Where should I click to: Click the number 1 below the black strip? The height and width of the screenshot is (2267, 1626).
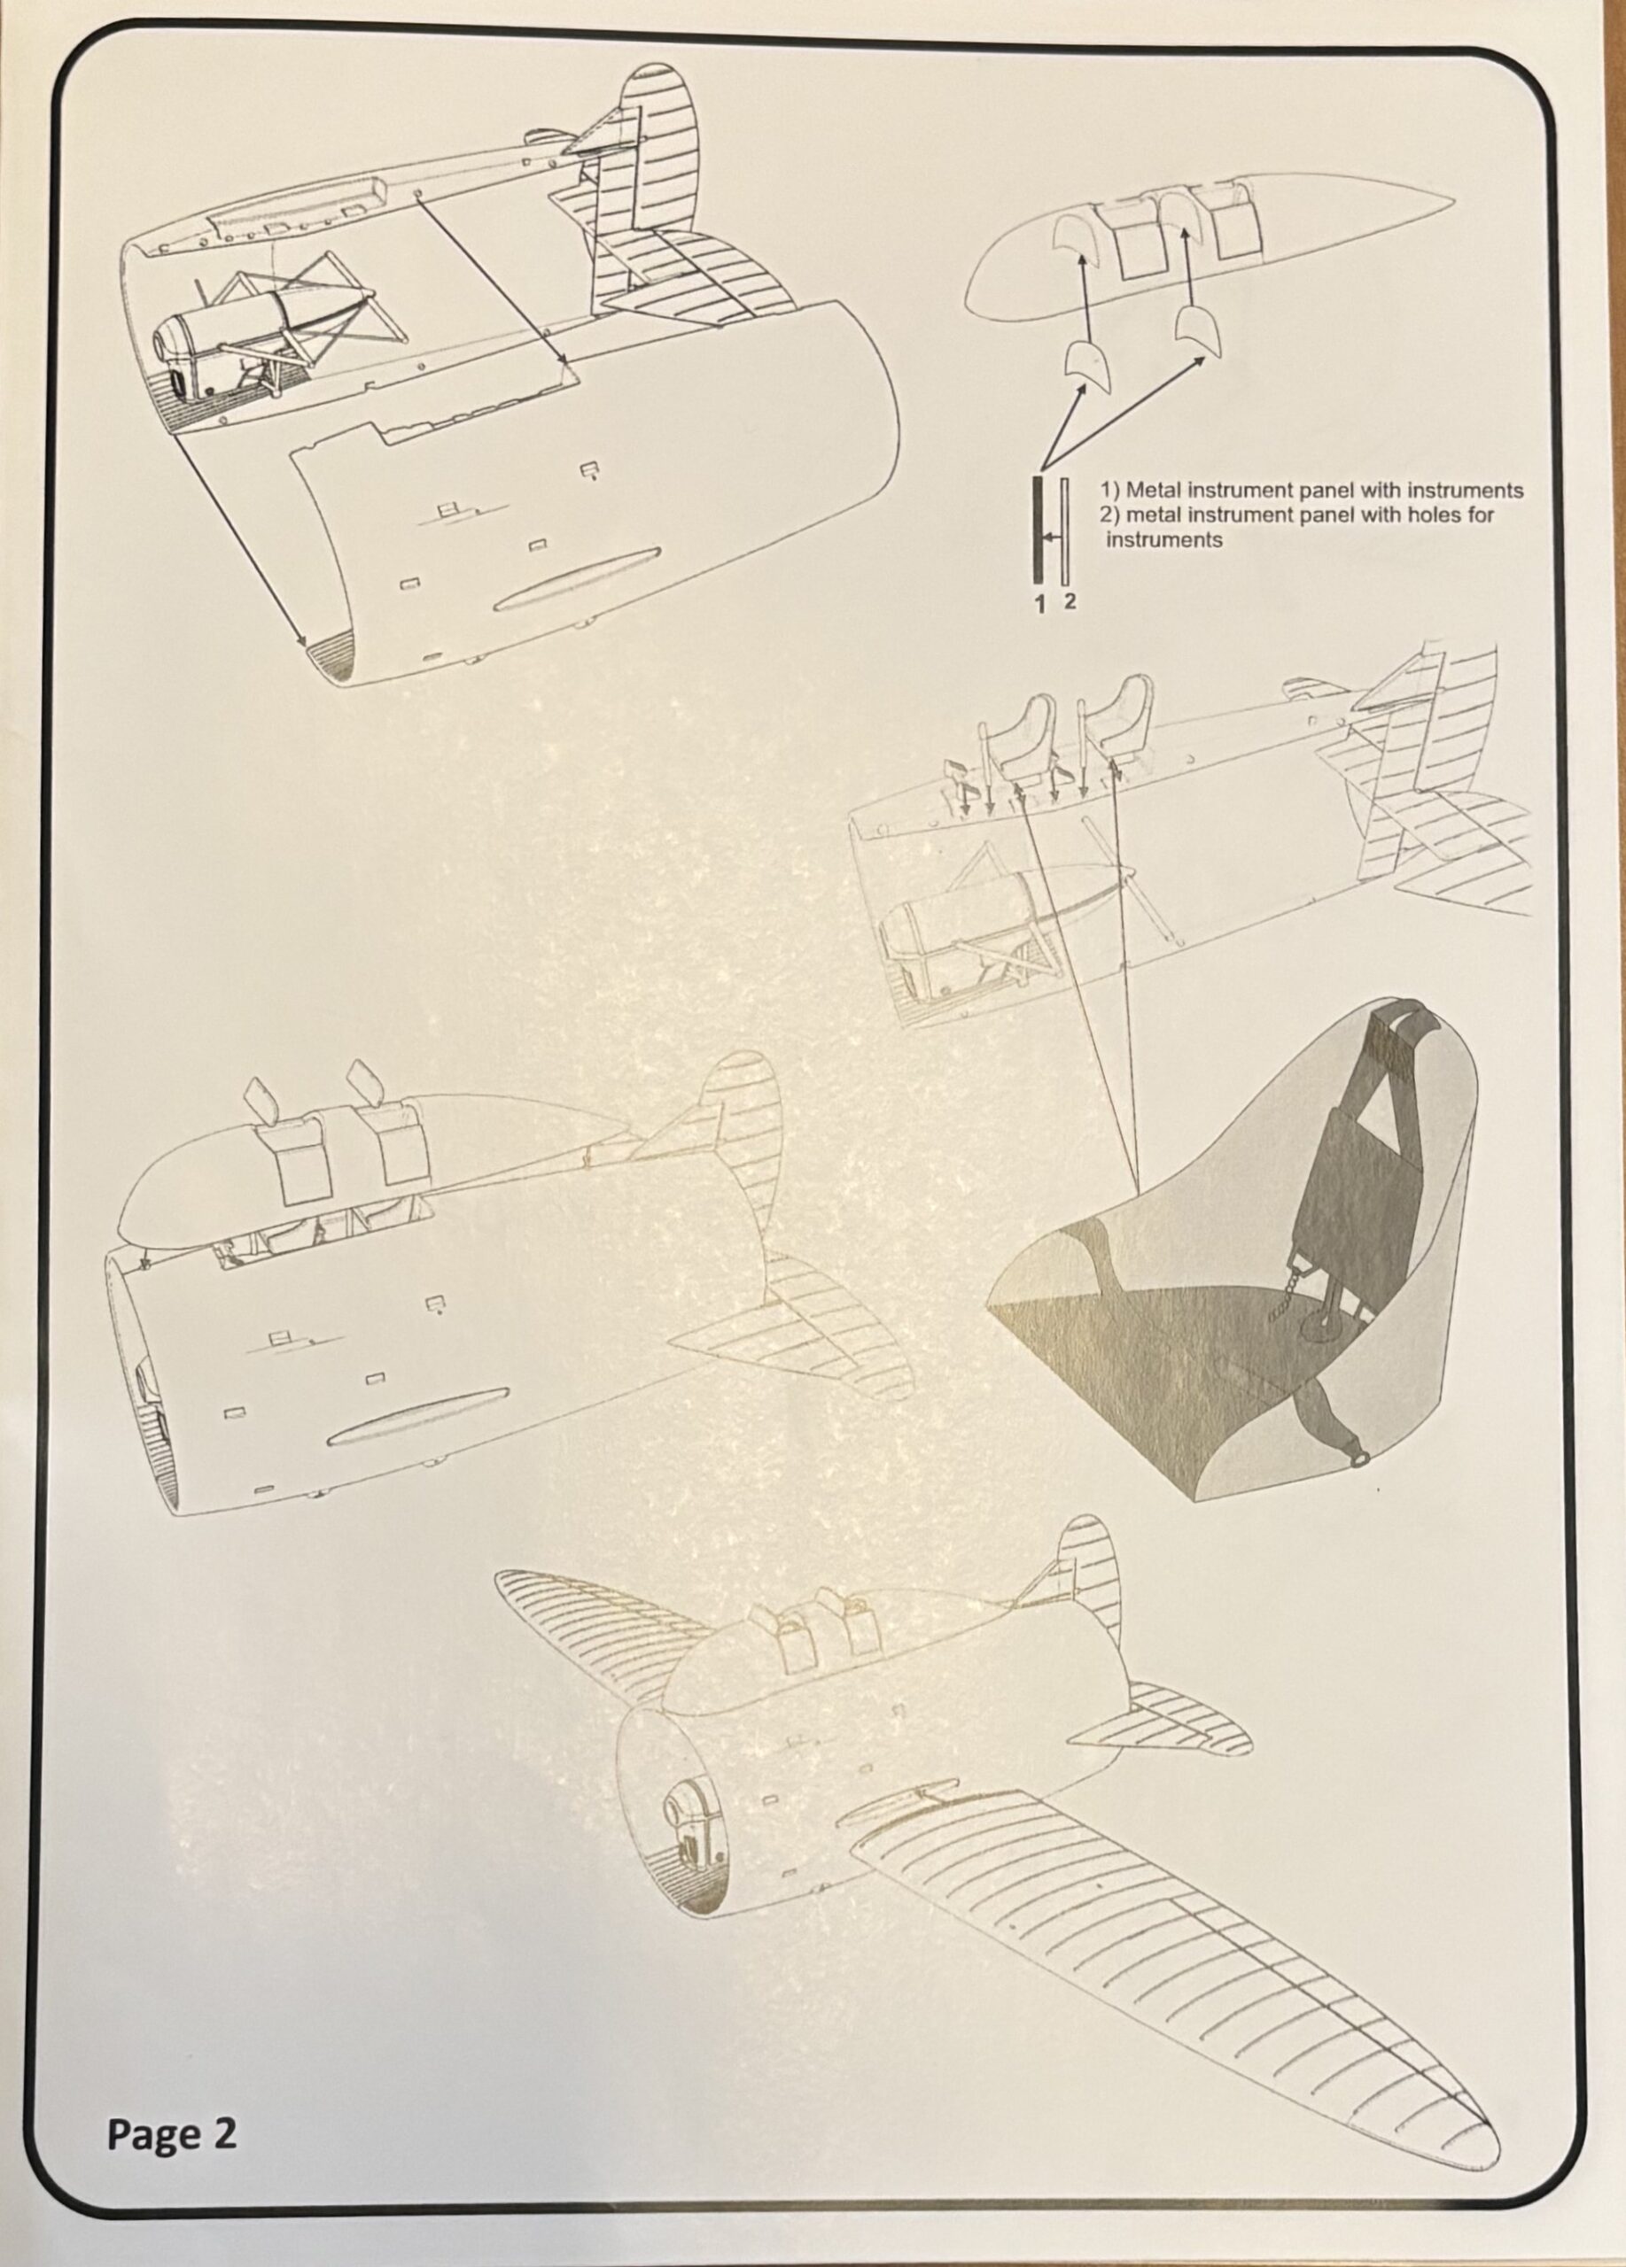[x=1039, y=603]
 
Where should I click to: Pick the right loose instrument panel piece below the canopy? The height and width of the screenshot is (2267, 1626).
[x=1198, y=334]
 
